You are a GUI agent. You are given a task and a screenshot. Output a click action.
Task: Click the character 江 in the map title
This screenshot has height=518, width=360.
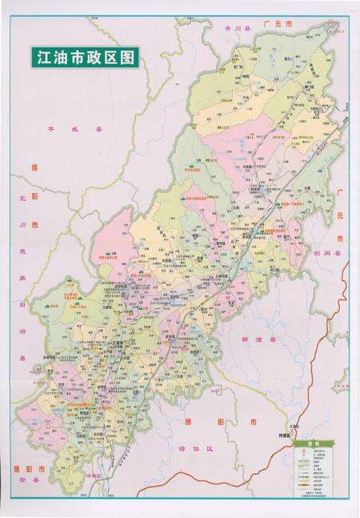39,58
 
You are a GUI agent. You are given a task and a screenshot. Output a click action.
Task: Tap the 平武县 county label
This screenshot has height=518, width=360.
65,128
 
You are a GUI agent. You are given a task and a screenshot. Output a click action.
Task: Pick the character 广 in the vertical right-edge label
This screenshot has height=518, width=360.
339,195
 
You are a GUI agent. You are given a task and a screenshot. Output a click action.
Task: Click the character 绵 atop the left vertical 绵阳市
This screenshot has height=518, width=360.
34,168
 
